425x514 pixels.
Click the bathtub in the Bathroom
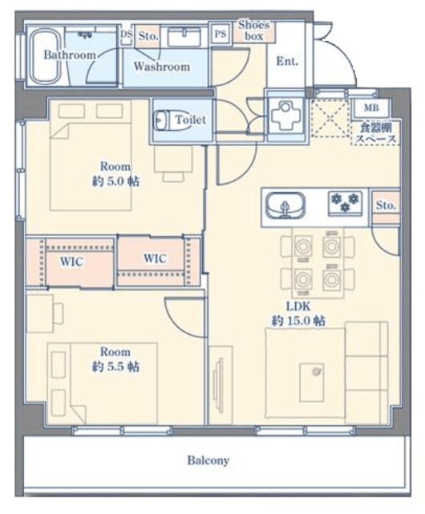(x=46, y=56)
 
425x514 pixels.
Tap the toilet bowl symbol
(x=164, y=120)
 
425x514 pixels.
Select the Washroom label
(x=162, y=67)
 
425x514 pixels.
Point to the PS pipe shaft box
(x=221, y=34)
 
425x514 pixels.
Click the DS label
(x=126, y=34)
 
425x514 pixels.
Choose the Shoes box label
(x=253, y=31)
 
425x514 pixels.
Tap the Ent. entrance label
(x=287, y=61)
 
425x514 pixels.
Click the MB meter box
(x=371, y=108)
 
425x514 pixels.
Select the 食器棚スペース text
(x=376, y=133)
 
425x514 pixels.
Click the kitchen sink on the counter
(x=285, y=206)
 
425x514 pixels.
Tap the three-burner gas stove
(x=345, y=203)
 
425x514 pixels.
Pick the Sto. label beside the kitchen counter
(x=386, y=206)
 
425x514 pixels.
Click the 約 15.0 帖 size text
(x=298, y=320)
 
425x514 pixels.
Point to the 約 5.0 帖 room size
(x=115, y=181)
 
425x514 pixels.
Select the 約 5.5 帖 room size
(x=115, y=366)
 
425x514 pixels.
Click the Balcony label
(x=208, y=460)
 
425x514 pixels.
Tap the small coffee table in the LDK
(x=311, y=381)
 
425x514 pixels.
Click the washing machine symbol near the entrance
(x=286, y=116)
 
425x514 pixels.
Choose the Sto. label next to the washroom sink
(x=148, y=35)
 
